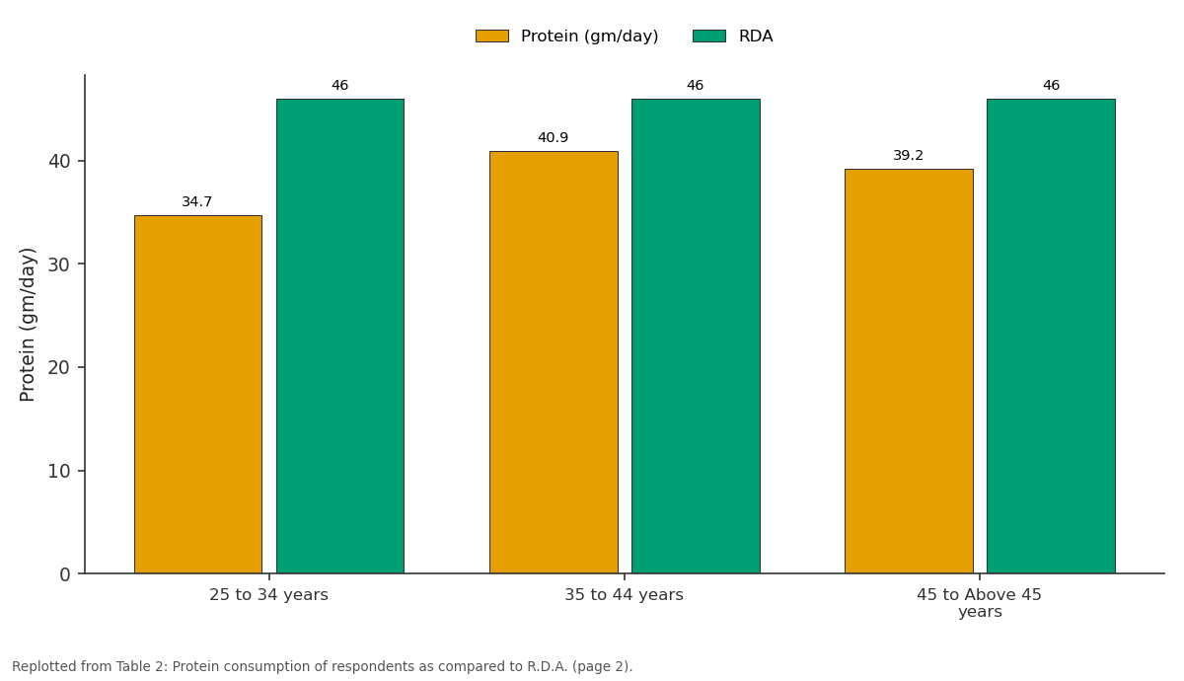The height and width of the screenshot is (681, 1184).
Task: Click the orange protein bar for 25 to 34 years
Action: (198, 395)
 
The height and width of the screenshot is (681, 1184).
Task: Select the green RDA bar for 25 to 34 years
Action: (340, 337)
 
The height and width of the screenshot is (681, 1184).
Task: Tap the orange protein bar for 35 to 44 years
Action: (554, 362)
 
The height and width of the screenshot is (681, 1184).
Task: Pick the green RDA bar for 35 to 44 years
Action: (697, 337)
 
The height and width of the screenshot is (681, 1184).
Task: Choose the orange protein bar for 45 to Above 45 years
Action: (909, 371)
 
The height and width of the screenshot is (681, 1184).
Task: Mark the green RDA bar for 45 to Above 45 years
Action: (1052, 337)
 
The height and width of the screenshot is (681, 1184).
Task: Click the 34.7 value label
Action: (196, 201)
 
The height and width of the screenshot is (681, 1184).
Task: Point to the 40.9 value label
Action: (553, 137)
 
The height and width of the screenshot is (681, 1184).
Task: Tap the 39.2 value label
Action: (908, 156)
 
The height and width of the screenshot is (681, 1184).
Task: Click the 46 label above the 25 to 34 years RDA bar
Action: (339, 85)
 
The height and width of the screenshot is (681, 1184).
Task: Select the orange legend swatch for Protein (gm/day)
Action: (492, 36)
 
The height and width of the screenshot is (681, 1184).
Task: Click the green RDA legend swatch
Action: (709, 36)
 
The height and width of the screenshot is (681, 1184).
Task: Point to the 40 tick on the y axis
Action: (59, 161)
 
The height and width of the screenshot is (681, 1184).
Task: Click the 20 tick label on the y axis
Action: (59, 367)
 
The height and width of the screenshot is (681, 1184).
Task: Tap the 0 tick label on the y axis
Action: (65, 574)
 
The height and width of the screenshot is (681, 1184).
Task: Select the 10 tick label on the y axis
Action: (59, 471)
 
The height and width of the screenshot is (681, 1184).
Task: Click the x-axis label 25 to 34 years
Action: (268, 595)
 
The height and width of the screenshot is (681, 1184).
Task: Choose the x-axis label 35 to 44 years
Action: (624, 595)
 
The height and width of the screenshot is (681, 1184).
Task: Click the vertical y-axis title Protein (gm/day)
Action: (27, 325)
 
